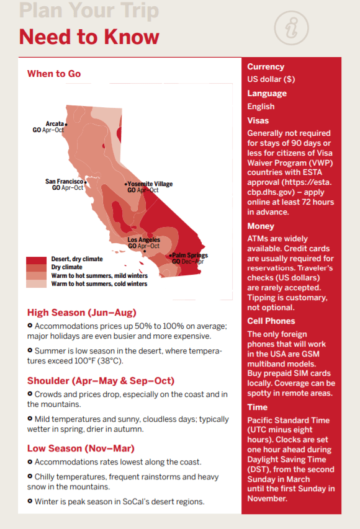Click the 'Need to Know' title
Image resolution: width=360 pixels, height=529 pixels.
tap(89, 37)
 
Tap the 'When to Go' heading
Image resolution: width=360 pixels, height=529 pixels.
tap(54, 74)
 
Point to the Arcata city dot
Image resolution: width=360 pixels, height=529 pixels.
tap(66, 125)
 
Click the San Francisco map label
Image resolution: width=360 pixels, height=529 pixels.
tap(64, 182)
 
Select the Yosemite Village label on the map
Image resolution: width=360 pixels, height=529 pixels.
tap(150, 184)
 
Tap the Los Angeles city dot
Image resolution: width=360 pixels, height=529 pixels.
tap(145, 251)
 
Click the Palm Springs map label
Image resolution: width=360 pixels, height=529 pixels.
tap(190, 255)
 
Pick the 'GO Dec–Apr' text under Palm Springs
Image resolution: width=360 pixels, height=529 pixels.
tap(188, 262)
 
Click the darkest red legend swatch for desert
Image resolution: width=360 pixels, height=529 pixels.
tap(36, 260)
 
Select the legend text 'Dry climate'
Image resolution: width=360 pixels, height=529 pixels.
tap(67, 267)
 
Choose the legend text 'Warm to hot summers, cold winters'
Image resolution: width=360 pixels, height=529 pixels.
tap(99, 284)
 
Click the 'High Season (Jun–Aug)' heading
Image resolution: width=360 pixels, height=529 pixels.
tap(82, 313)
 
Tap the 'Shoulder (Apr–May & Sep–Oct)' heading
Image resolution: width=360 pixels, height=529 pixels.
tap(101, 381)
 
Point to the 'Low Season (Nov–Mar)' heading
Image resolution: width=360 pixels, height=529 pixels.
tap(81, 448)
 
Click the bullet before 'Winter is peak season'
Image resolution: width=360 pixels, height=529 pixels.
tap(30, 501)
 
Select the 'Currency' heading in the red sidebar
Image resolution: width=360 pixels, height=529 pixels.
tap(266, 67)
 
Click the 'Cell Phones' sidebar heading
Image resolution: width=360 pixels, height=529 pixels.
tap(271, 321)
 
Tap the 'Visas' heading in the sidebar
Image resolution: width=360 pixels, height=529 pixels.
tap(258, 120)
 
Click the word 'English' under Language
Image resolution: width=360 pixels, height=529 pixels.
tap(261, 107)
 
